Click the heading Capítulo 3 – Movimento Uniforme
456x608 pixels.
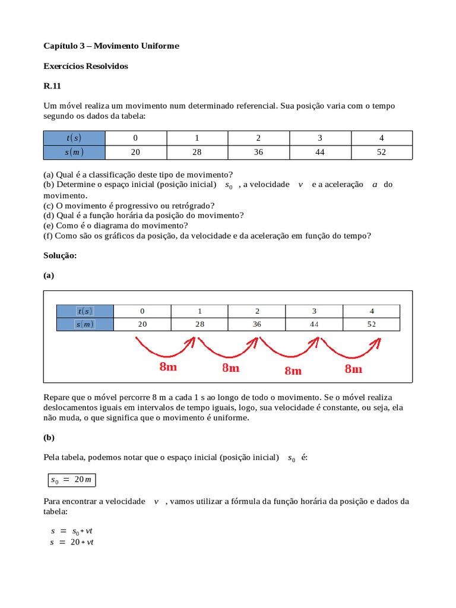(x=111, y=46)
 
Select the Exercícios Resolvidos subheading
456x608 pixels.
(x=85, y=66)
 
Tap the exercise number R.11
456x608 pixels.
(x=52, y=86)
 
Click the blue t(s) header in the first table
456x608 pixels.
(x=74, y=138)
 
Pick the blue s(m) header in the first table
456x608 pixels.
(x=74, y=152)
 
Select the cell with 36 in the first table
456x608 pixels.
(x=258, y=152)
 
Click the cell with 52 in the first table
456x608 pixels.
(x=381, y=152)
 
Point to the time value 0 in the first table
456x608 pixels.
(x=135, y=138)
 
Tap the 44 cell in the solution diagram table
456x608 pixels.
(x=314, y=324)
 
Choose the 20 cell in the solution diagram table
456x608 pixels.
(x=142, y=324)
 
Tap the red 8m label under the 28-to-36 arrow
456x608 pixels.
(x=230, y=368)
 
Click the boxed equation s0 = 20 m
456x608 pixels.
(x=72, y=479)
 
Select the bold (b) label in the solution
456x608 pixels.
(x=49, y=438)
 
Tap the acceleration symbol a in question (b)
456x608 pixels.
(x=374, y=185)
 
